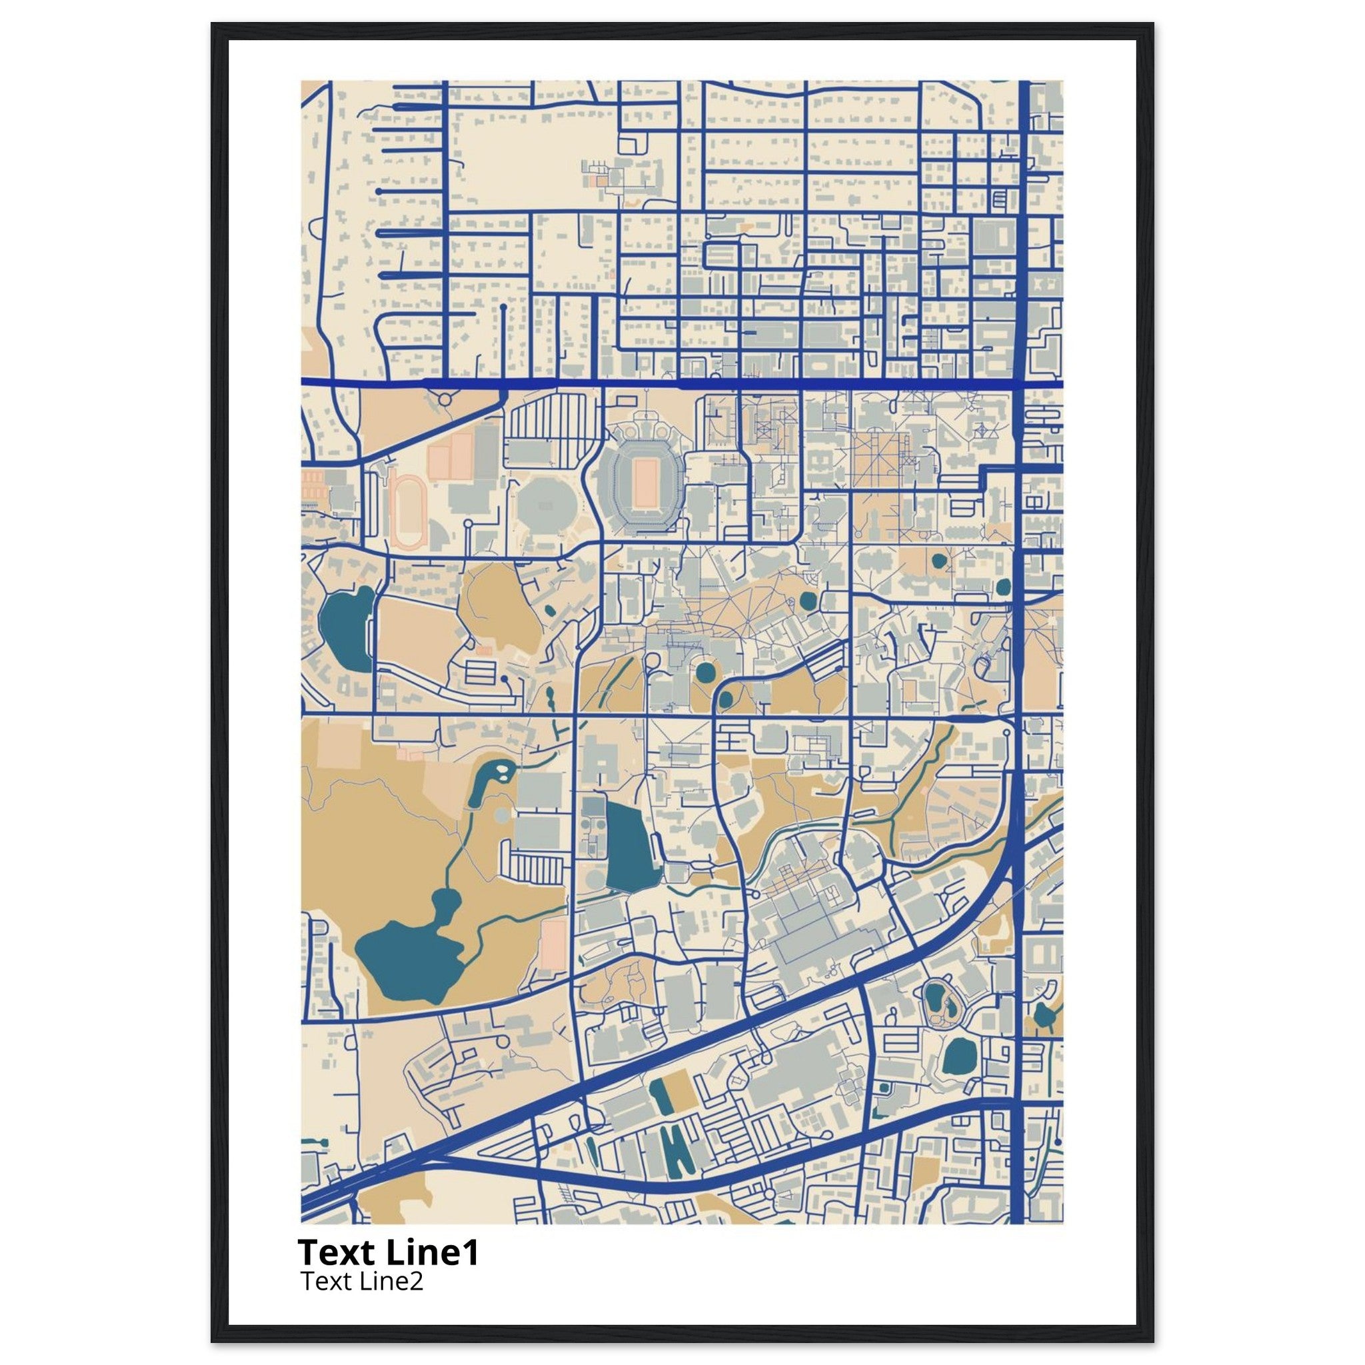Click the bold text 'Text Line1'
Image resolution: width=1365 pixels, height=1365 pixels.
point(389,1252)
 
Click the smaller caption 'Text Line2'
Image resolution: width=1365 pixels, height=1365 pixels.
point(362,1280)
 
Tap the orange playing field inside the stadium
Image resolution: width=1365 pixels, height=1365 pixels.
point(645,483)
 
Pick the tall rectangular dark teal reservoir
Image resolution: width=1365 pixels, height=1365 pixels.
point(627,845)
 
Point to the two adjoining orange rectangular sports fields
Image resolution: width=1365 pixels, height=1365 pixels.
point(450,455)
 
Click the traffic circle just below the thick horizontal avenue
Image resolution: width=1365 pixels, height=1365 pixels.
point(445,400)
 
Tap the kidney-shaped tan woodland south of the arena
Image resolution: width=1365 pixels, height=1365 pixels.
point(499,609)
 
